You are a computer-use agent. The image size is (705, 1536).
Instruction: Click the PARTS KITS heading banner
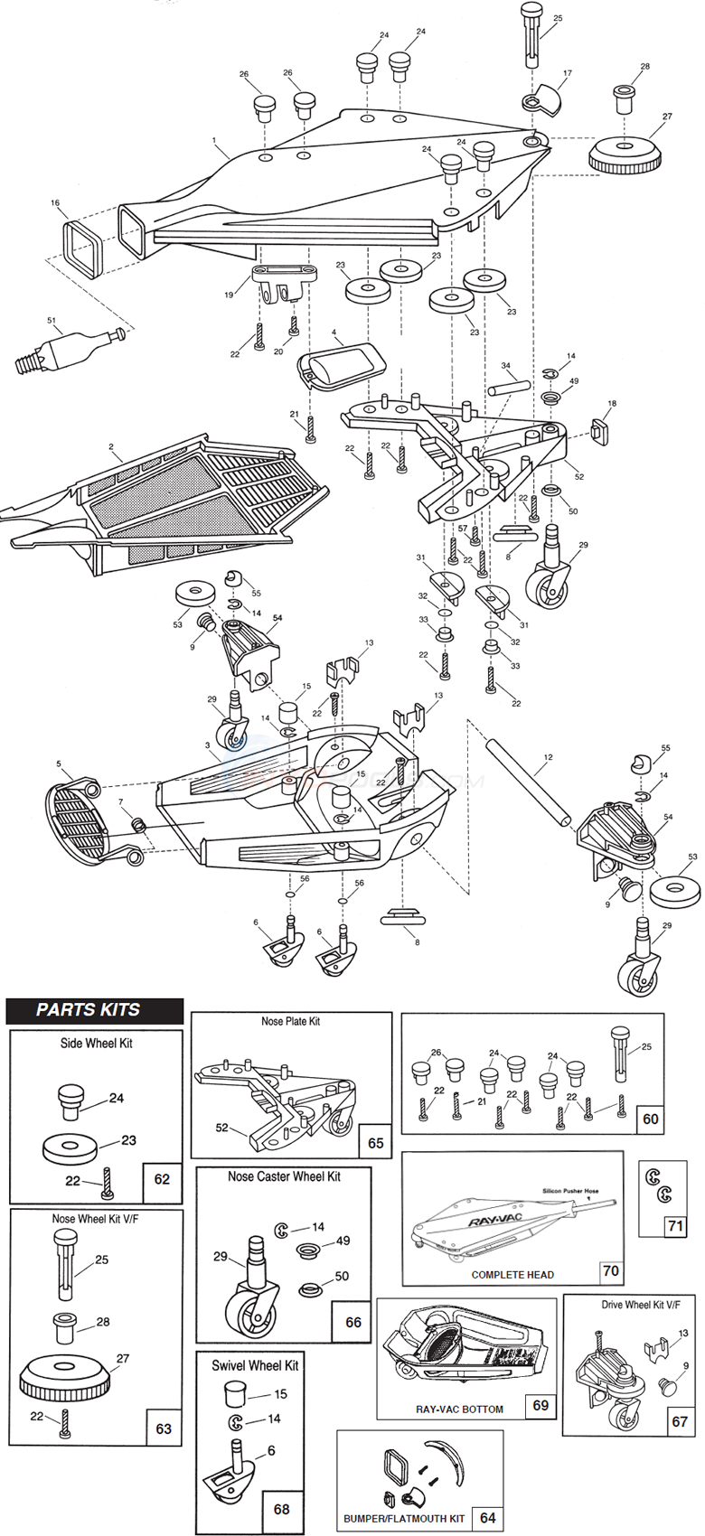click(89, 1010)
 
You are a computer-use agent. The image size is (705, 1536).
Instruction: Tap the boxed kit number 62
click(162, 1179)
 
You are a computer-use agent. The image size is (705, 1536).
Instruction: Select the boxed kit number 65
click(376, 1143)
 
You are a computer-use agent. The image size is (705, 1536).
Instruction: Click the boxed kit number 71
click(675, 1226)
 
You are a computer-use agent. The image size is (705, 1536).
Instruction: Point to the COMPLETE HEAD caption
click(512, 1274)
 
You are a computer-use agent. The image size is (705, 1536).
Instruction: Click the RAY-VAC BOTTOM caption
click(459, 1409)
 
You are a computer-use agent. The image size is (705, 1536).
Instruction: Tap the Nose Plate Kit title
click(290, 1021)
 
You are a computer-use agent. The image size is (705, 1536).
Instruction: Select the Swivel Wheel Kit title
click(255, 1365)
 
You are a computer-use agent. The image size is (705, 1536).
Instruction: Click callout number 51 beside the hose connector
click(51, 320)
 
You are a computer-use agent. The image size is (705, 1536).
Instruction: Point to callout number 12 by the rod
click(548, 758)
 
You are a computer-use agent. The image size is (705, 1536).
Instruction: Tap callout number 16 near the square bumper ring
click(55, 204)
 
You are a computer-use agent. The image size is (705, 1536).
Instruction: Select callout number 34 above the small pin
click(506, 366)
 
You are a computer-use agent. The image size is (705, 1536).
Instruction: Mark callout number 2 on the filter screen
click(111, 446)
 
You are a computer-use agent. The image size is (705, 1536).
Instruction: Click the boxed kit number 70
click(611, 1270)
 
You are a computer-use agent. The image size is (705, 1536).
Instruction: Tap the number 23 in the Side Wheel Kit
click(129, 1140)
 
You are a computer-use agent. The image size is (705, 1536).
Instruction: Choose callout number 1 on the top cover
click(214, 141)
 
